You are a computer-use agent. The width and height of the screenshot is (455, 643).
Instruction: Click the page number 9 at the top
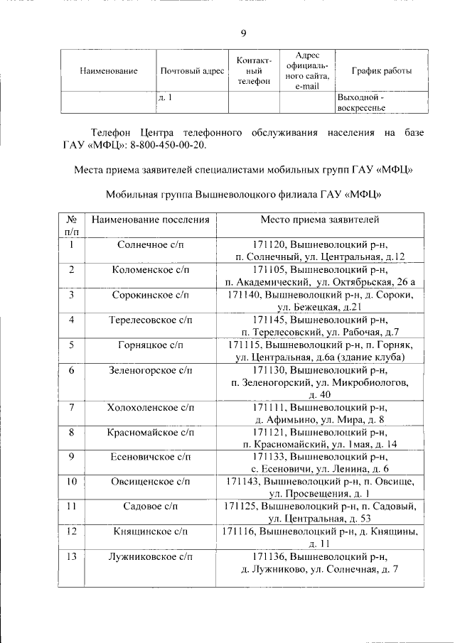pos(244,33)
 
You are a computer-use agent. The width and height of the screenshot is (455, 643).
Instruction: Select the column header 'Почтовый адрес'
pos(192,71)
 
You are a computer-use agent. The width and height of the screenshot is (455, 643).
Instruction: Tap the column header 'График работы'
pos(382,71)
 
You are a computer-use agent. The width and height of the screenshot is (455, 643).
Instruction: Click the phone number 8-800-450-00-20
pos(171,146)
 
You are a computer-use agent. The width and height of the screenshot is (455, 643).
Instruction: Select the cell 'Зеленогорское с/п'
pos(151,370)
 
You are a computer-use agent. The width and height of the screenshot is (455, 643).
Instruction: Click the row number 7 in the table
pos(72,407)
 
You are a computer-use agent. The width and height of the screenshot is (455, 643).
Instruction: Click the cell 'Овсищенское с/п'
pos(151,482)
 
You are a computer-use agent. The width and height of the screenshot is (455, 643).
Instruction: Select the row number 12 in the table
pos(72,531)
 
